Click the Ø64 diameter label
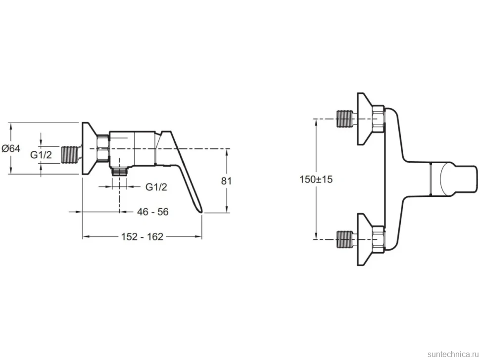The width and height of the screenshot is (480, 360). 11,149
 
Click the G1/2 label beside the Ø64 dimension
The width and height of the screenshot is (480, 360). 41,155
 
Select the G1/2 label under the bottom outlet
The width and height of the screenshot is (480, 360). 156,186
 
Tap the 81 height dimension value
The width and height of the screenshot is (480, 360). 226,181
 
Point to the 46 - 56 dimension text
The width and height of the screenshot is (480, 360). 153,212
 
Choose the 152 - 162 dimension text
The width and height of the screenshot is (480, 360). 142,236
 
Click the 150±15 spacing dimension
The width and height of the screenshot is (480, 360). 316,179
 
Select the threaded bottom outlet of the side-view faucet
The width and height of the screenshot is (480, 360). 119,171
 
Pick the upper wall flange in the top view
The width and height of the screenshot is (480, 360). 365,119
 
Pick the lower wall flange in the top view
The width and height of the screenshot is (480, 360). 365,239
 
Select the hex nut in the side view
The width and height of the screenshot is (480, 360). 103,148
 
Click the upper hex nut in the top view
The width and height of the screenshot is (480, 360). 379,119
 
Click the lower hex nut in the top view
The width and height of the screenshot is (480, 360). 379,239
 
